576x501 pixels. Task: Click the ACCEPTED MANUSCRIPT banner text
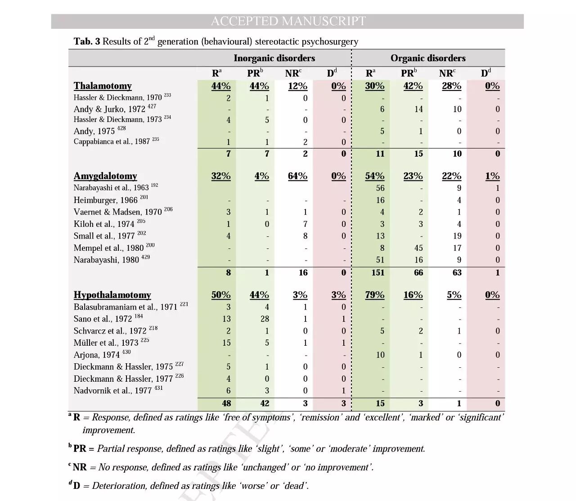coord(288,21)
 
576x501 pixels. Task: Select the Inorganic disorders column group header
coord(274,58)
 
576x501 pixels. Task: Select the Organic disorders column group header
coord(427,58)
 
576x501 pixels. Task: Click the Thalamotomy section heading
coord(103,86)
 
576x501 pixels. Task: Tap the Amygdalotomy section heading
coord(105,176)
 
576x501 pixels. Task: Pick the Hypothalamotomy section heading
coord(112,295)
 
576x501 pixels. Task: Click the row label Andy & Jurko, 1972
coord(109,109)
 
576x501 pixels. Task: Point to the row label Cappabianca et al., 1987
coord(112,142)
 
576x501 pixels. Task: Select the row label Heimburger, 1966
coord(105,200)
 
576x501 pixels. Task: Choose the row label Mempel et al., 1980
coord(108,248)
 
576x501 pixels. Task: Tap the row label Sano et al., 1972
coord(103,319)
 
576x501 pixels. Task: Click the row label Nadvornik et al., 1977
coord(112,391)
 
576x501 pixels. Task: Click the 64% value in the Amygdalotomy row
coord(297,176)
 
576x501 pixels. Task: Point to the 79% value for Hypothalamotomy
coord(374,295)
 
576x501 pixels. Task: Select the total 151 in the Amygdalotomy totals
coord(378,273)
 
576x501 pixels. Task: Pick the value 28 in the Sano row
coord(265,319)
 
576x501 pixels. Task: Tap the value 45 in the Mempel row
coord(418,248)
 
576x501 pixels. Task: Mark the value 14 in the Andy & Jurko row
coord(418,109)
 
